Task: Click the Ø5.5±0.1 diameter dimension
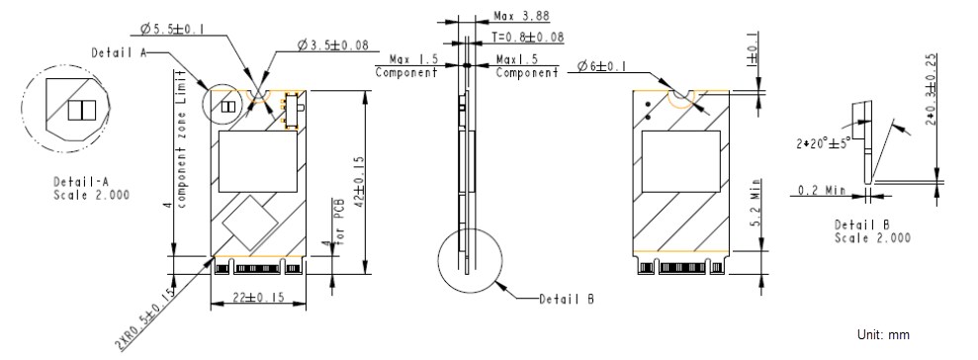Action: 172,30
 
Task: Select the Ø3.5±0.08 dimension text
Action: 335,45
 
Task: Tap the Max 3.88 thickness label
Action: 522,17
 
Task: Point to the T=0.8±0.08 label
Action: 528,38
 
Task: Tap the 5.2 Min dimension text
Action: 756,206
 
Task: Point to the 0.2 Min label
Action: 822,190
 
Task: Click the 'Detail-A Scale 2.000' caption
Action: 91,188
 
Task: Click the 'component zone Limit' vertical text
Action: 181,138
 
